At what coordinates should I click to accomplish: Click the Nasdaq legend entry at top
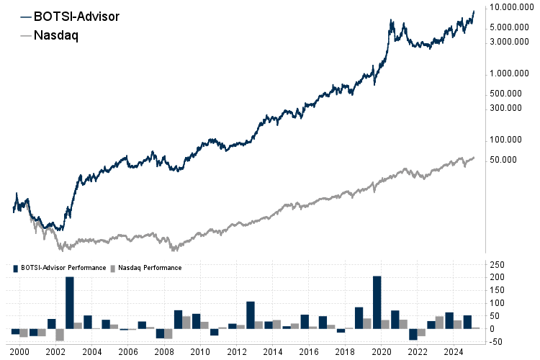click(55, 35)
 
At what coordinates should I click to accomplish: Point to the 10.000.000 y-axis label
click(510, 7)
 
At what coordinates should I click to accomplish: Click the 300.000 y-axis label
click(505, 108)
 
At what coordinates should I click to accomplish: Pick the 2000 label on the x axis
click(20, 351)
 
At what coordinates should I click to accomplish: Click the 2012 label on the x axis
click(236, 351)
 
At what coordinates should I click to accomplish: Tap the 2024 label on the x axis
click(453, 351)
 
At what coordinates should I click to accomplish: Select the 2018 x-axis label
click(344, 351)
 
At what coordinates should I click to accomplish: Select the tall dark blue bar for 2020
click(377, 302)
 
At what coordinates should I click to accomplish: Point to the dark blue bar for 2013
click(251, 315)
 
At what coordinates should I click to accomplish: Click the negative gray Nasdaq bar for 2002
click(60, 334)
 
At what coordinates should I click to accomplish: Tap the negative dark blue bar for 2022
click(413, 334)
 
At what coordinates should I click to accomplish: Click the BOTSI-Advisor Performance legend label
click(63, 268)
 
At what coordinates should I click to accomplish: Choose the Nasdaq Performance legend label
click(149, 268)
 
